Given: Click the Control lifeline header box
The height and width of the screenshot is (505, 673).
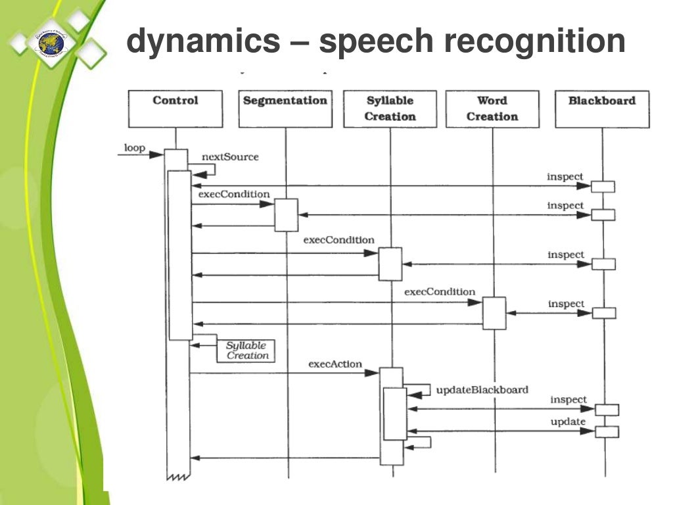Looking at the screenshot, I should tap(175, 108).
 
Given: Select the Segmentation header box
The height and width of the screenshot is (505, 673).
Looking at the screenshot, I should tap(285, 108).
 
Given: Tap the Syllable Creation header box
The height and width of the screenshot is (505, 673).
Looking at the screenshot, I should tap(390, 108).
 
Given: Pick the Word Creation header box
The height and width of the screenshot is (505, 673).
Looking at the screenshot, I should tap(492, 108).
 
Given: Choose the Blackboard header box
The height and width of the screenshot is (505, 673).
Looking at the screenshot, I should tap(602, 108).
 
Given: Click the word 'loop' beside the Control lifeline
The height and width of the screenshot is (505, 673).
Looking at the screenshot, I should tap(135, 148).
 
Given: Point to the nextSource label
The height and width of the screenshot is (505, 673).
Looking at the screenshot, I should tap(230, 157).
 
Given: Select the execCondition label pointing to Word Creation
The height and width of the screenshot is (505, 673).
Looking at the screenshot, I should tap(439, 291).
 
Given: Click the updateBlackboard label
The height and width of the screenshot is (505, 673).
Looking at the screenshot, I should tap(482, 390).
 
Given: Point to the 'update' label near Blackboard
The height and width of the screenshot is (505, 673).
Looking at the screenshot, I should tap(567, 421).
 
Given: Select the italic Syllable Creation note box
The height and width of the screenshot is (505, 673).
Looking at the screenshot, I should tap(247, 350).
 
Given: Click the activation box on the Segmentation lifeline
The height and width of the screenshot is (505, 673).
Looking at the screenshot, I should tap(286, 215).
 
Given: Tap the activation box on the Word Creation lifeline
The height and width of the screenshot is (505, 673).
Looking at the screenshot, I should tap(494, 313).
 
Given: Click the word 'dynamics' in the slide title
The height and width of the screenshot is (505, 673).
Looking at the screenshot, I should tap(202, 42).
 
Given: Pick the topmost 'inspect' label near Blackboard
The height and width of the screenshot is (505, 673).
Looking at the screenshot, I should tap(565, 176).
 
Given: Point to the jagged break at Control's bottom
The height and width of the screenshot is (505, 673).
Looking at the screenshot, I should tap(177, 476).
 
